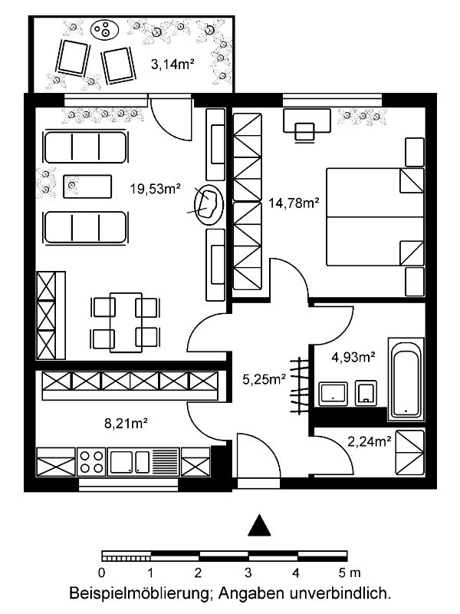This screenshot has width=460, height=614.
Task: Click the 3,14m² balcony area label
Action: point(173,64)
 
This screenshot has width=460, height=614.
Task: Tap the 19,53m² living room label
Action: point(156,189)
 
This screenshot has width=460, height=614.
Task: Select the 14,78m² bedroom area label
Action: point(294,203)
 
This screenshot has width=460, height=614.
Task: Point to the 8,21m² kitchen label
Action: point(126,424)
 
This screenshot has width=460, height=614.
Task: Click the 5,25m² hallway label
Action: point(264,379)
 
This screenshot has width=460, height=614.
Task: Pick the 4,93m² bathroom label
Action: point(353,357)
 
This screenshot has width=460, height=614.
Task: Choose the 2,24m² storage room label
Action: point(370,442)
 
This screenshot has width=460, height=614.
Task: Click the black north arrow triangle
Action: point(259,526)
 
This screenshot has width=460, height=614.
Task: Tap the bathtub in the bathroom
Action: point(406,380)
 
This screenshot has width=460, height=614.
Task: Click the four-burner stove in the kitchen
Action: point(91,462)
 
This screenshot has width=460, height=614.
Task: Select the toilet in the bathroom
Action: point(366,393)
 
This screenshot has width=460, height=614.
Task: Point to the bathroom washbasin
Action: point(333,394)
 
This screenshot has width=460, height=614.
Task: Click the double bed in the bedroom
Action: point(375,217)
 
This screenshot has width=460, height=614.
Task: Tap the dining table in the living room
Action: point(126,322)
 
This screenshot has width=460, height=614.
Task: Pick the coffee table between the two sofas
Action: point(87,187)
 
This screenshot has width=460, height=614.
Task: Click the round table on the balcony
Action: point(104,29)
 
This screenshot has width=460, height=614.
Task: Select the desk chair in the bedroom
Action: point(304,131)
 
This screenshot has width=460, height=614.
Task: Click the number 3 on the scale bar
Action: point(248,573)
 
